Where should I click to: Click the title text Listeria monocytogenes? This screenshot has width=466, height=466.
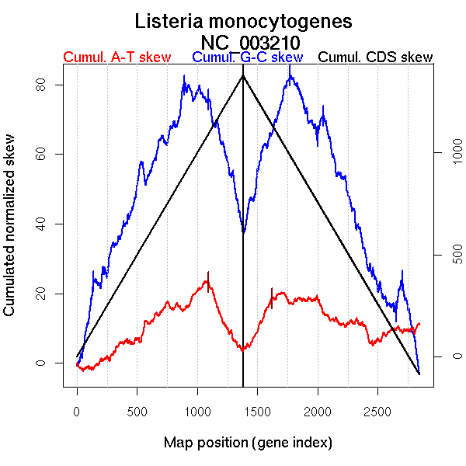click(243, 21)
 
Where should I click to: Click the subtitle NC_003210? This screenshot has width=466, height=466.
click(250, 41)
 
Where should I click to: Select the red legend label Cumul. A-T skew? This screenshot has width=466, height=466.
click(116, 57)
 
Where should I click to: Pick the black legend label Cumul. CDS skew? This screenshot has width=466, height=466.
click(376, 57)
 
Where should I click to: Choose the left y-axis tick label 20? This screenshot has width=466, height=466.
click(47, 294)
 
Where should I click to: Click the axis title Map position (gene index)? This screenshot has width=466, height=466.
click(248, 443)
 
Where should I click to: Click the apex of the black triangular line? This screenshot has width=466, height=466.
click(243, 75)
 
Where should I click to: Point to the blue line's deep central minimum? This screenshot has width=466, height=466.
click(243, 231)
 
